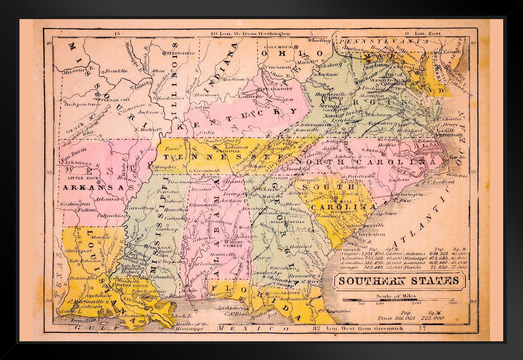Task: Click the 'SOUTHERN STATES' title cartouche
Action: pos(398,280)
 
